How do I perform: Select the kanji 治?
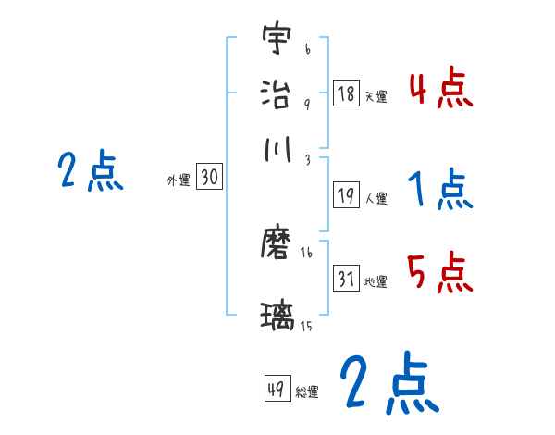[277, 94]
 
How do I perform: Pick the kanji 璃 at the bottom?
[277, 317]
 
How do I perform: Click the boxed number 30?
[209, 178]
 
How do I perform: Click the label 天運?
[376, 96]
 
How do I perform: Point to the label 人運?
[376, 198]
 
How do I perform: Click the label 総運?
[307, 391]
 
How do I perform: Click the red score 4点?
[440, 89]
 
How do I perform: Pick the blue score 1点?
[440, 191]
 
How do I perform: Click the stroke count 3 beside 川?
[306, 159]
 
